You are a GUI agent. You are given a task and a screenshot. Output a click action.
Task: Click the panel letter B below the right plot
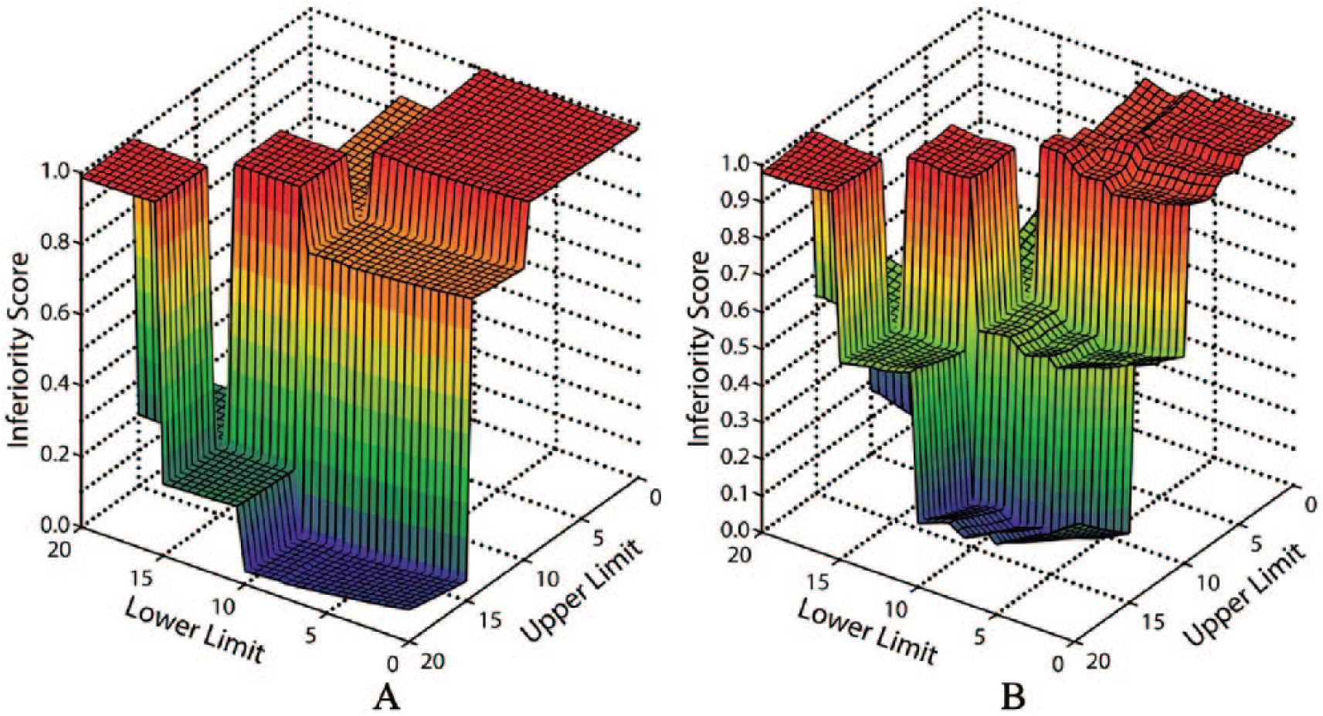pos(1013,697)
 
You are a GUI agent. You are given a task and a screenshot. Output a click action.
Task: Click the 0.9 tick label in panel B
pos(737,200)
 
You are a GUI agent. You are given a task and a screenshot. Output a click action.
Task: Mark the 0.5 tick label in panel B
pos(737,347)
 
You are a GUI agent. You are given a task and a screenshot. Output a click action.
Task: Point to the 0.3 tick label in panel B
pos(737,420)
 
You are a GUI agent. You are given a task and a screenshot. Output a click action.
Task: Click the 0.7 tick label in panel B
pos(737,273)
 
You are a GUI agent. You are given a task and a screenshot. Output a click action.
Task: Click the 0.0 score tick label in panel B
pos(737,530)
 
